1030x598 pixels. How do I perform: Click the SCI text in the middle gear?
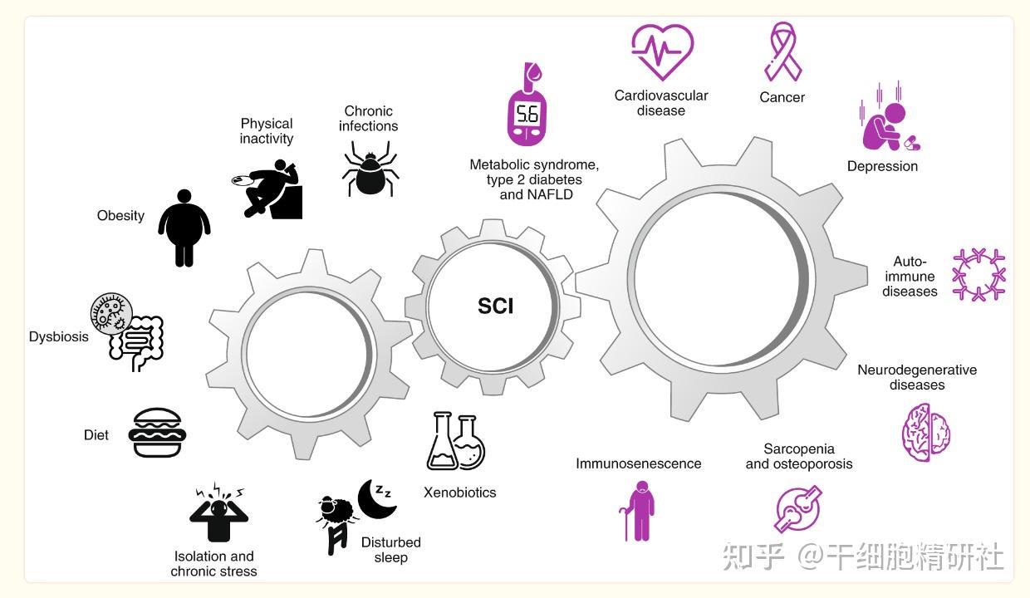coord(496,306)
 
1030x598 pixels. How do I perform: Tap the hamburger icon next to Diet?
coord(157,433)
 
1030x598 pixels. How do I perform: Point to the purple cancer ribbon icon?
coord(782,51)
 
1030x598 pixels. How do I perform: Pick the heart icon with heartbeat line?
coord(662,51)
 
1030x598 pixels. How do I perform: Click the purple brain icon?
coord(926,432)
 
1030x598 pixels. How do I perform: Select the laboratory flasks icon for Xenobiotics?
coord(456,442)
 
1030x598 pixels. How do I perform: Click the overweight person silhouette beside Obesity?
coord(184,228)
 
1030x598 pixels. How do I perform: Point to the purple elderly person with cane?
coord(638,512)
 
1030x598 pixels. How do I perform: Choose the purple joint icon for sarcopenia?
coord(798,508)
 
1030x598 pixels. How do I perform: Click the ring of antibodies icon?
coord(978,274)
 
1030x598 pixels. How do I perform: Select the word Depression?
coord(882,166)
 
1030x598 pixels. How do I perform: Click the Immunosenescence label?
coord(638,463)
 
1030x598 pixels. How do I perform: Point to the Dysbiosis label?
coord(59,337)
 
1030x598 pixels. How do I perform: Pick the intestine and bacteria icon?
coord(127,331)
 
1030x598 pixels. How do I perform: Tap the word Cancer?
coord(782,97)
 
